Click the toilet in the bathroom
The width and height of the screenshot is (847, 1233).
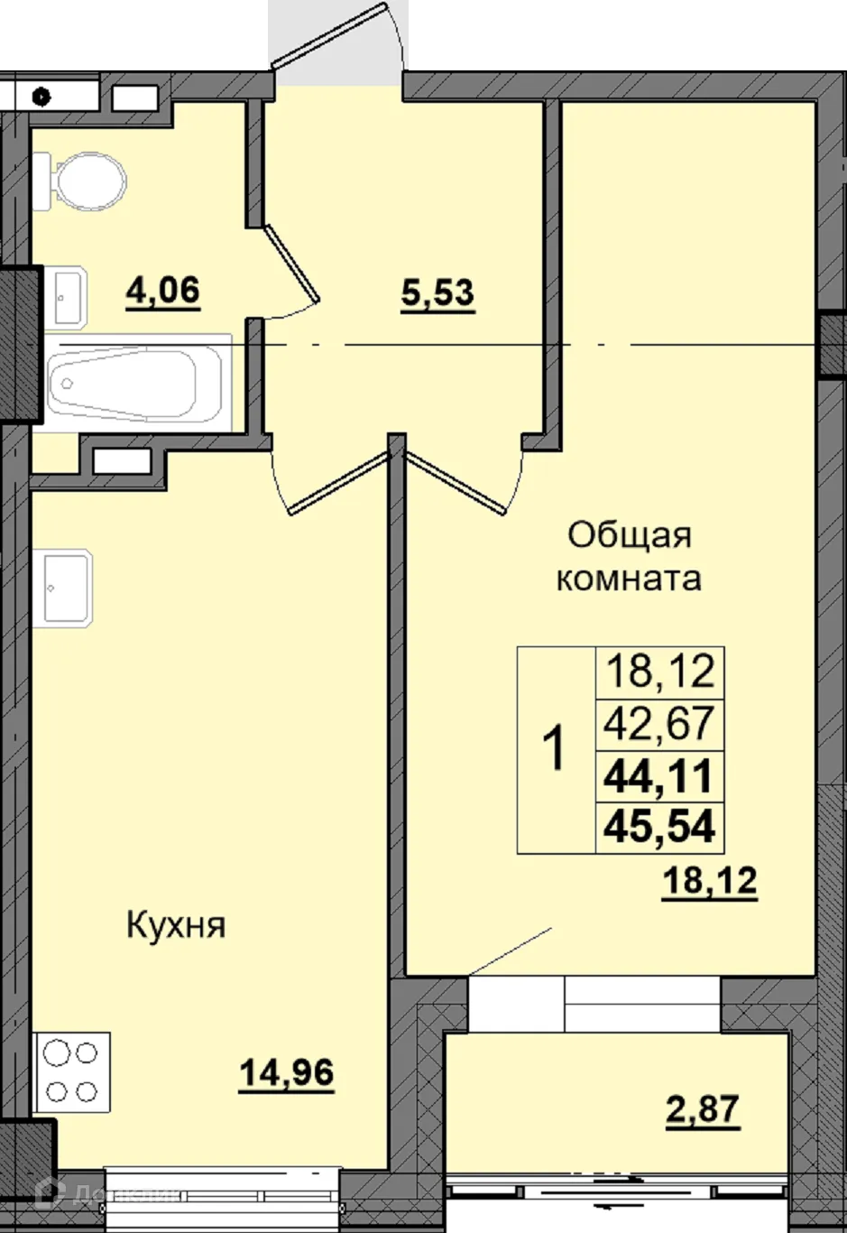86,181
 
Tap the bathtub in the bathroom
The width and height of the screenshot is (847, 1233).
123,383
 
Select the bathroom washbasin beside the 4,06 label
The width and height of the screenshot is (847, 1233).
69,296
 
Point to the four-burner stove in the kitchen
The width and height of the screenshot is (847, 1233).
71,1071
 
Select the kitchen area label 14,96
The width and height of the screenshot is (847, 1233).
286,1073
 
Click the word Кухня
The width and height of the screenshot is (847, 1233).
175,925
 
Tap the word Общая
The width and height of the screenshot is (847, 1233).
630,536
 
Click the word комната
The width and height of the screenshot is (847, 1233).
629,579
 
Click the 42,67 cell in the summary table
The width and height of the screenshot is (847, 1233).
660,723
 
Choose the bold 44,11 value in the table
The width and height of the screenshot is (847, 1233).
660,775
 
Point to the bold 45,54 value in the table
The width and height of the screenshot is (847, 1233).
660,826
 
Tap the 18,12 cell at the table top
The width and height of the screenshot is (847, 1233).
660,672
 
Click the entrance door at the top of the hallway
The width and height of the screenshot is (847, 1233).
338,36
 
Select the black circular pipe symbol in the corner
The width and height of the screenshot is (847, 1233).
42,93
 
